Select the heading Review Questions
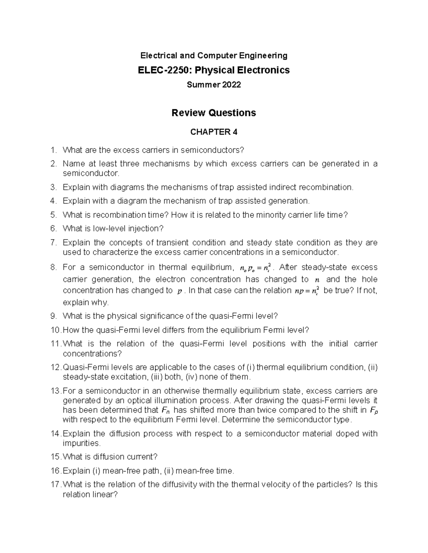pos(214,113)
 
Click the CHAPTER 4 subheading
pos(214,132)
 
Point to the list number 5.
pos(53,215)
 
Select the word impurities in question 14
pos(81,443)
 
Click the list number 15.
pos(56,457)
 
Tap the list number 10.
pos(56,330)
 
